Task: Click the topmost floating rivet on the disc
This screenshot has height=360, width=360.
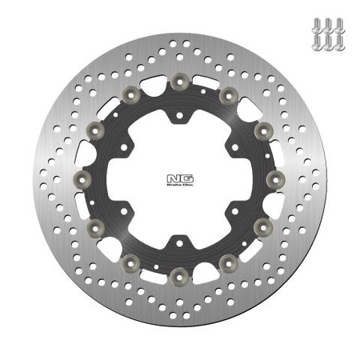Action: (x=179, y=80)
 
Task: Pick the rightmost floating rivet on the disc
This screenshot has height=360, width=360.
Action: (x=277, y=177)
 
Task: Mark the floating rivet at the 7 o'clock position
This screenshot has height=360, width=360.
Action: (x=131, y=261)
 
